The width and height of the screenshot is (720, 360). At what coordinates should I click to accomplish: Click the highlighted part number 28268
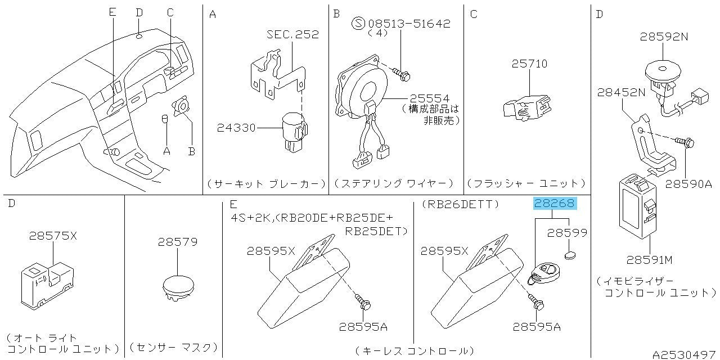point(555,204)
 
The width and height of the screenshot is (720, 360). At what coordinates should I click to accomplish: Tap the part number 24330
point(236,128)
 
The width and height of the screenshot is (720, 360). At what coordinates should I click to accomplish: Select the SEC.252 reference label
point(292,34)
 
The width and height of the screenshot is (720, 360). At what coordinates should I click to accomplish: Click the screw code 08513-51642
point(409,24)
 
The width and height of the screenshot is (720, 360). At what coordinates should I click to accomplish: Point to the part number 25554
point(430,98)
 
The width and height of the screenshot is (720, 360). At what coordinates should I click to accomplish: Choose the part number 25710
point(529,64)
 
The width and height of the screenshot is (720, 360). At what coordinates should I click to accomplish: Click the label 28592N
point(664,37)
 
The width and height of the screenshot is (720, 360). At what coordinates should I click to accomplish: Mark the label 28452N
point(621,93)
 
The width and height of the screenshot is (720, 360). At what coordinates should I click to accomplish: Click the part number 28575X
point(53,236)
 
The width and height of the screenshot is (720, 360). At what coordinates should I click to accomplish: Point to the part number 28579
point(177,242)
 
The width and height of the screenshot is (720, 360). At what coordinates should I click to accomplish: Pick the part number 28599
point(568,232)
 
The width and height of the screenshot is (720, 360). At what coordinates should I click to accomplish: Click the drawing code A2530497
point(683,354)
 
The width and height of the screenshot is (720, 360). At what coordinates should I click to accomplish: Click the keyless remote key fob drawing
point(544,273)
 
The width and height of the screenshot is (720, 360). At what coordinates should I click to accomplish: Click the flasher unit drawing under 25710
point(526,106)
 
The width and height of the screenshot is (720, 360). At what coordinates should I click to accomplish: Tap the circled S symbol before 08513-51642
point(358,24)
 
